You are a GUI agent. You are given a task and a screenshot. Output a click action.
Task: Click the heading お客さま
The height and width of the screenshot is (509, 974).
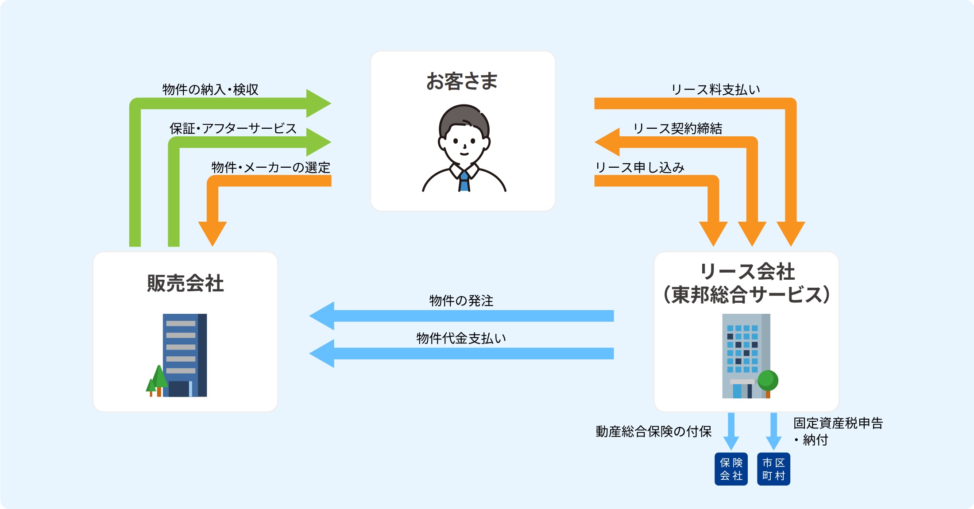(462, 81)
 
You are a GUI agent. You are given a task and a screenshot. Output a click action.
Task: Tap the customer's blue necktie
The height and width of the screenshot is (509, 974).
(464, 182)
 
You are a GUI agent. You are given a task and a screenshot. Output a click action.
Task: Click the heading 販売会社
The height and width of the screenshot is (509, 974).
(185, 283)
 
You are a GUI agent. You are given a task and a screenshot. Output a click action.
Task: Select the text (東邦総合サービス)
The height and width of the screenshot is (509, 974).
(746, 294)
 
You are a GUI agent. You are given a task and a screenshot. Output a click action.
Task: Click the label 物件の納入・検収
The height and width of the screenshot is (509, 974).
(210, 89)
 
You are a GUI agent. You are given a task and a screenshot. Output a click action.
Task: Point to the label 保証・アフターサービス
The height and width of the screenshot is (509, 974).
(233, 128)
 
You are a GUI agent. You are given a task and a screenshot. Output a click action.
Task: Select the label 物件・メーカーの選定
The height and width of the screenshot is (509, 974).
(271, 167)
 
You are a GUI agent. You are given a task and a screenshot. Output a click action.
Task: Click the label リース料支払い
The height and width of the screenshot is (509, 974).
(715, 89)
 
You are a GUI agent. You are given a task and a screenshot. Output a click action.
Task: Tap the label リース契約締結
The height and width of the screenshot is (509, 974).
(677, 128)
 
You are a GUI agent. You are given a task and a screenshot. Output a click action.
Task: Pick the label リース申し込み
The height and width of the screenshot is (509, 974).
(640, 167)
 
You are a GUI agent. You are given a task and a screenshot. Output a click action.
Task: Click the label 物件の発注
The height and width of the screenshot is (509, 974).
(461, 301)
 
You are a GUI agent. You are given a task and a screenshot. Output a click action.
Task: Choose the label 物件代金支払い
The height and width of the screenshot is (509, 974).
(461, 338)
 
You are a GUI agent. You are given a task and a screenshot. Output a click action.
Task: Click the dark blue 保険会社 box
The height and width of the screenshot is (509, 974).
(731, 469)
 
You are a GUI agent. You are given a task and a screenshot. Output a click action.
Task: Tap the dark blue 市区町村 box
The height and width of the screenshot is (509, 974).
(773, 469)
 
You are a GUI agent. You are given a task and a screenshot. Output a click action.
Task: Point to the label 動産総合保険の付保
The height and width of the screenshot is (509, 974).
(653, 431)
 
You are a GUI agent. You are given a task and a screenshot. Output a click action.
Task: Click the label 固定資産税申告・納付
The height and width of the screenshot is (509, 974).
(838, 431)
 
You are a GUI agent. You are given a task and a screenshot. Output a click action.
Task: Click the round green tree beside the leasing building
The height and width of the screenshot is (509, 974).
(768, 380)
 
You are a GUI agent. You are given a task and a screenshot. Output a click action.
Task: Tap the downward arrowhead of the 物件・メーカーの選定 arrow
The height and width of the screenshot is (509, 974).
(213, 233)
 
